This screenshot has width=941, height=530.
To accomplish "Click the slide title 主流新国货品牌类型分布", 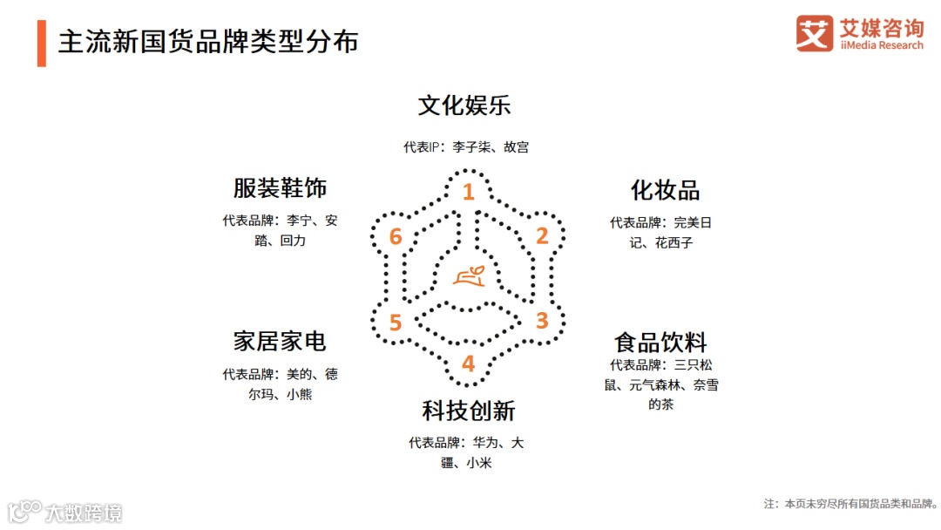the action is click(208, 42).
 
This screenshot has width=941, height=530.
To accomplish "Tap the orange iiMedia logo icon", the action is click(815, 33).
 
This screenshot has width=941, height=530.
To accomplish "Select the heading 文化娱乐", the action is click(464, 106).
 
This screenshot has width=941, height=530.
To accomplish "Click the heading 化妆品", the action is click(665, 191).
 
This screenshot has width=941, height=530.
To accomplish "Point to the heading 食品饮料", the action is click(660, 341).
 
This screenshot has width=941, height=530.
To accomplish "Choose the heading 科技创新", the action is click(469, 411).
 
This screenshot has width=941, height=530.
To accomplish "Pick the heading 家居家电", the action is click(279, 341).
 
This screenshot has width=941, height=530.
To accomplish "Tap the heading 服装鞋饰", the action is click(279, 188).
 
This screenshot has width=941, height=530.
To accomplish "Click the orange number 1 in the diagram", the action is click(468, 192).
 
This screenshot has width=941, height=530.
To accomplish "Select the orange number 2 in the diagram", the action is click(541, 236).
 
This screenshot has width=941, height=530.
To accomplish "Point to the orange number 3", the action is click(541, 321).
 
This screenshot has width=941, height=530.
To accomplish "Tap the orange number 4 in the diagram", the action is click(468, 364).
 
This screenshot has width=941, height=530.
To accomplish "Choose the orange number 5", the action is click(396, 323).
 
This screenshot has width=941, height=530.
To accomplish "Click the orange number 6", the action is click(396, 237).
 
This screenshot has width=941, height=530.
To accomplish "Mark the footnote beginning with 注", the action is click(850, 504).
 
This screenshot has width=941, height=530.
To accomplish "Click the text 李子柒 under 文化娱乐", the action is click(470, 147).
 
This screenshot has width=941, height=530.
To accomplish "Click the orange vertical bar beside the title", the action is click(41, 43).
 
